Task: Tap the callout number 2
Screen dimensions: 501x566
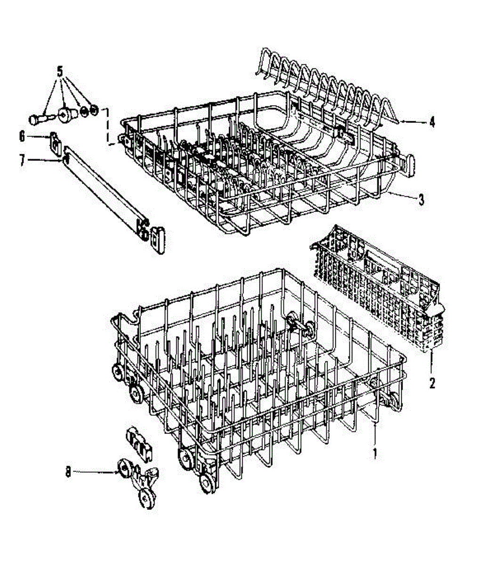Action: (x=432, y=383)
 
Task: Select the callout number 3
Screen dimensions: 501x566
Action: (x=421, y=200)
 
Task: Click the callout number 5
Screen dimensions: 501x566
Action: (x=60, y=72)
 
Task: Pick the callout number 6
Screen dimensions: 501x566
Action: (x=22, y=136)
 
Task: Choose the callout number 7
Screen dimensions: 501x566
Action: (x=22, y=160)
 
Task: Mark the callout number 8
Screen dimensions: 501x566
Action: (x=68, y=471)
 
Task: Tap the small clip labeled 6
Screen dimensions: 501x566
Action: (x=56, y=142)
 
